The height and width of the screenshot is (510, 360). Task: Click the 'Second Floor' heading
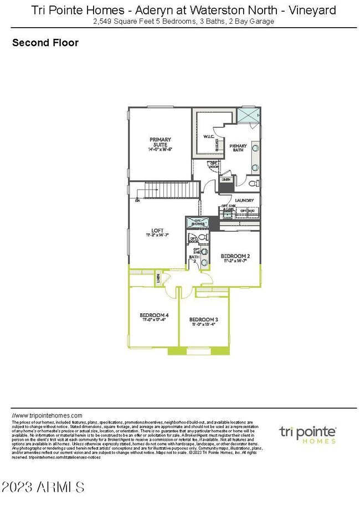tap(45, 43)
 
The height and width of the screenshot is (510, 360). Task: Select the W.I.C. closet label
tap(208, 136)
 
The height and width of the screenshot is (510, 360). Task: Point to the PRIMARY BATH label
tap(238, 147)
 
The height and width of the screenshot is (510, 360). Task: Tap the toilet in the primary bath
tap(252, 182)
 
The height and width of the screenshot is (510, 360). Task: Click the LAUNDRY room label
tap(244, 201)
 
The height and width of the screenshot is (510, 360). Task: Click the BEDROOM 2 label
tap(235, 257)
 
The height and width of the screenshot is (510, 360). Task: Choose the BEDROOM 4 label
tap(153, 317)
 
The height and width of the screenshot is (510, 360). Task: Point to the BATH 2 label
tap(194, 258)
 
